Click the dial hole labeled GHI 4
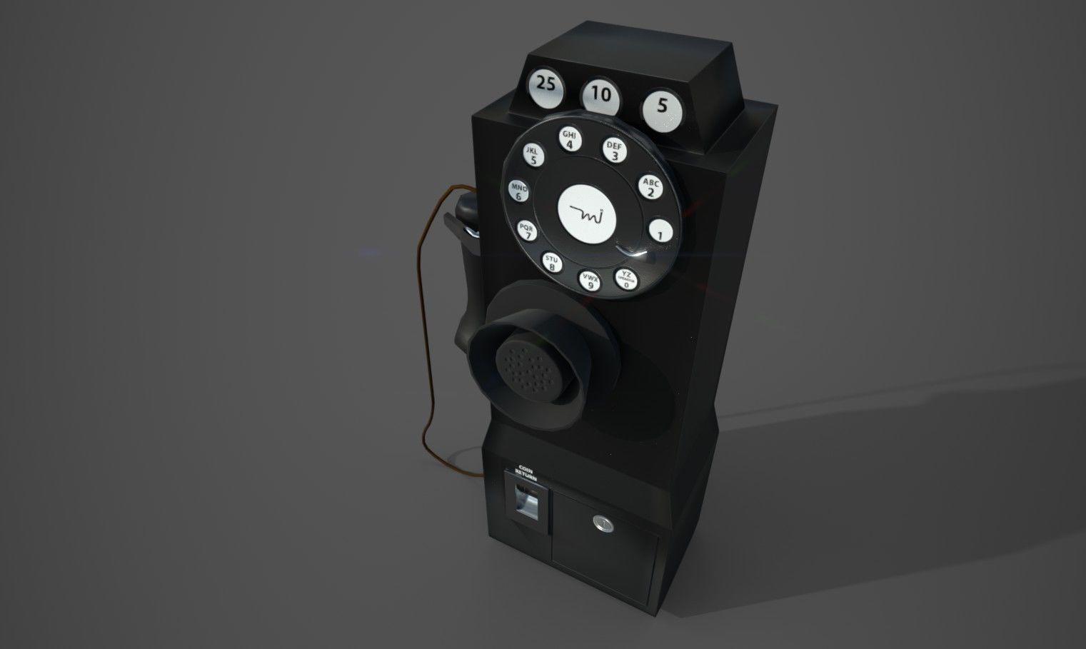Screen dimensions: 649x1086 click(569, 140)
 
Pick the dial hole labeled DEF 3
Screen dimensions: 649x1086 click(614, 151)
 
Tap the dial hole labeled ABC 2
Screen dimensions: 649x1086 click(650, 187)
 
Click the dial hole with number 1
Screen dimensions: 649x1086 click(660, 231)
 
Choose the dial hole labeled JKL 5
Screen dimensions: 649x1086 click(532, 155)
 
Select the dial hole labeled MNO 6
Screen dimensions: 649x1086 click(518, 191)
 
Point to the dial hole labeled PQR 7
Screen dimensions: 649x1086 click(528, 230)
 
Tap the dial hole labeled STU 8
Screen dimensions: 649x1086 click(552, 262)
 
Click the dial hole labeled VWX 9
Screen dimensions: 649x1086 click(590, 280)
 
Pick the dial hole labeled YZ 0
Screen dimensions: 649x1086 click(626, 278)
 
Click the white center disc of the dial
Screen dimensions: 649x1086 click(586, 212)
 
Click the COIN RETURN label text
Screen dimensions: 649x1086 click(526, 474)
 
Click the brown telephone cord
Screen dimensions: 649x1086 click(424, 371)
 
